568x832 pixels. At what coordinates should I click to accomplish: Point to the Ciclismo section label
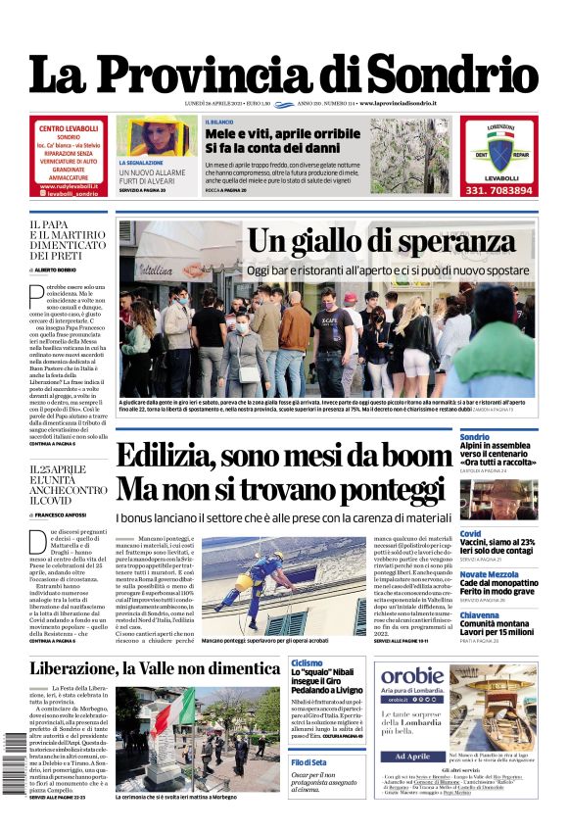[307, 663]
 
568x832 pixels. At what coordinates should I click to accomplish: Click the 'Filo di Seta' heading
[309, 761]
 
